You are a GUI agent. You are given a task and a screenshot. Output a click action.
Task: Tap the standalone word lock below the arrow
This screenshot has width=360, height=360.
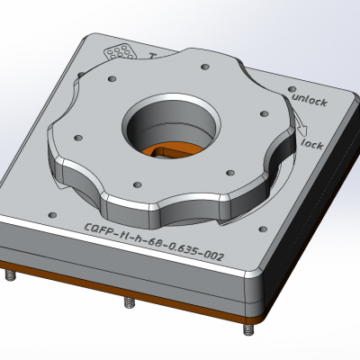311,143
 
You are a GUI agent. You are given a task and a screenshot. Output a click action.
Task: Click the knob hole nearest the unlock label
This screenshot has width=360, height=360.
263,114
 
